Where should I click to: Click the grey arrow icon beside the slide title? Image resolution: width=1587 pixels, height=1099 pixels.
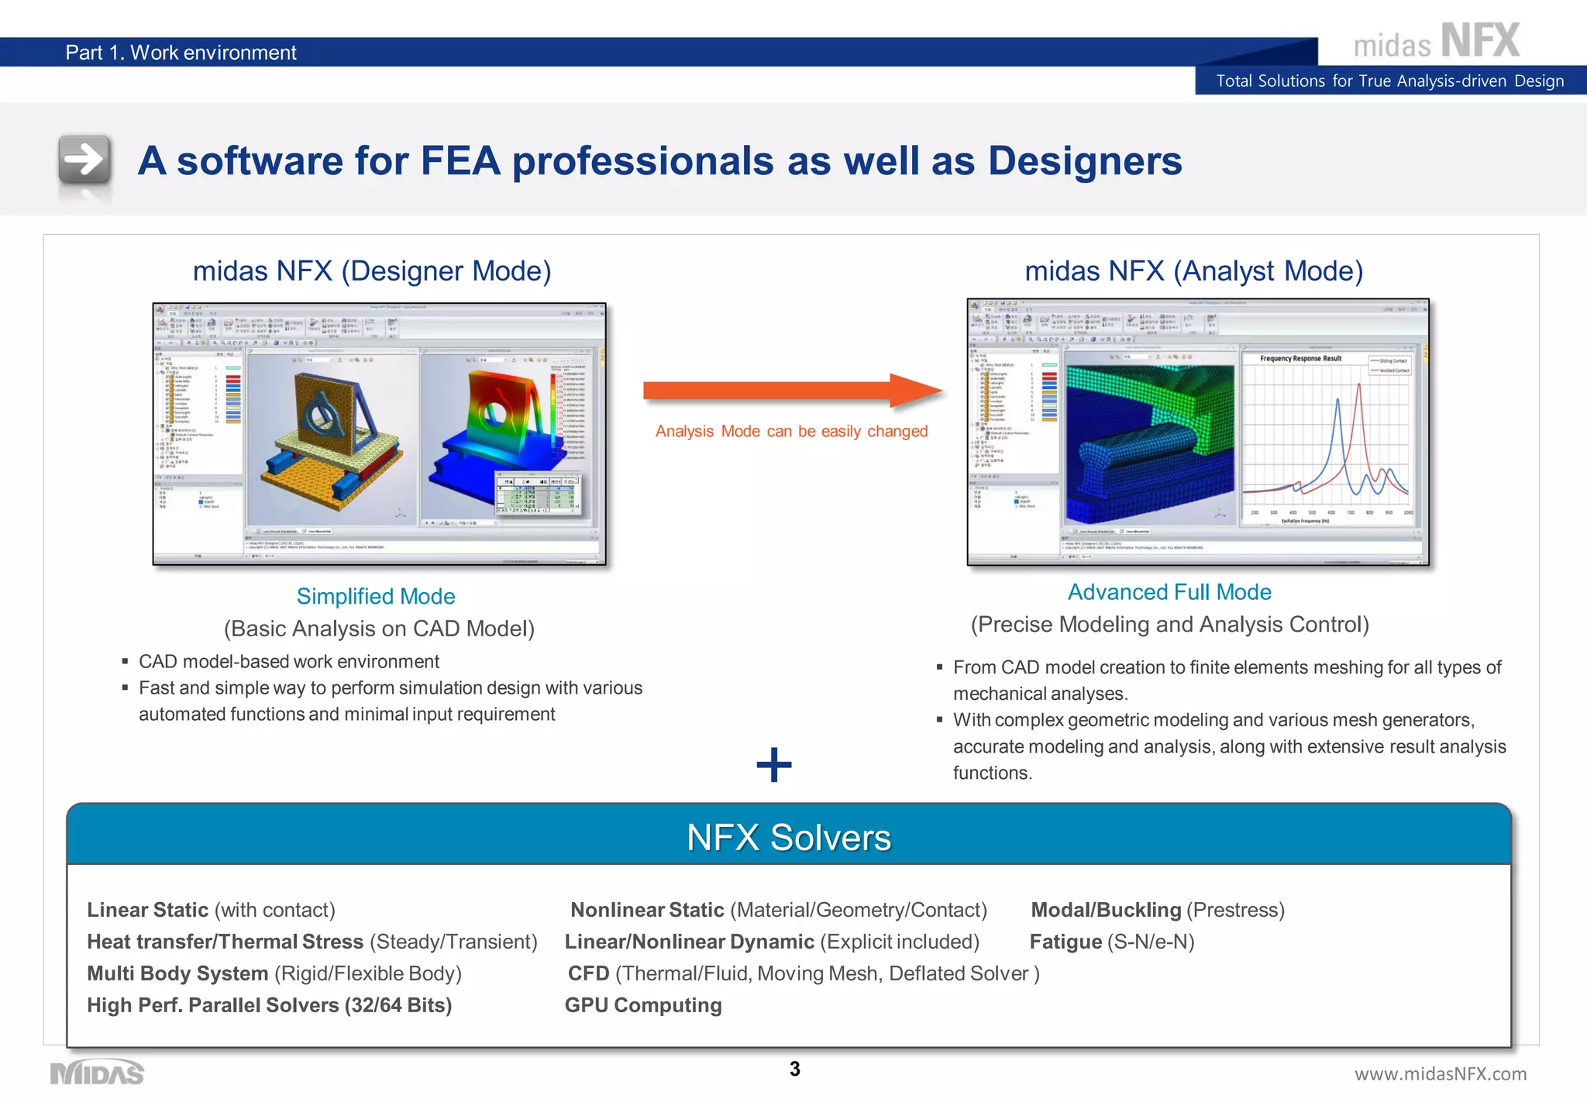pos(84,160)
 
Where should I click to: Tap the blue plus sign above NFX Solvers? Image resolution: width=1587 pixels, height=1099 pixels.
pos(773,765)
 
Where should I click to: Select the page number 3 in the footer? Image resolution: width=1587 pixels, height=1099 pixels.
pos(794,1069)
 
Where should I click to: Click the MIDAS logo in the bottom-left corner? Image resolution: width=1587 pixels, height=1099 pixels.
pos(97,1073)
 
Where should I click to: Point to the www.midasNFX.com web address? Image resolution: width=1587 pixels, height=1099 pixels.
pos(1440,1073)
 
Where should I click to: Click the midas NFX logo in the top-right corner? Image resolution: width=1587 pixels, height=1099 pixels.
pos(1436,42)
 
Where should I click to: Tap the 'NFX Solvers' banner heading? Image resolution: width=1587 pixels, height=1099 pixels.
pos(789,837)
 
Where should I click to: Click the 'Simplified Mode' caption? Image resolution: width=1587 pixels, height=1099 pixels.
pos(376,596)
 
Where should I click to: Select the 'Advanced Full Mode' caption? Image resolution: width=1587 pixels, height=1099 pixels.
pos(1169,591)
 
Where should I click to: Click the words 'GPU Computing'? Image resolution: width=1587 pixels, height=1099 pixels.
pos(643,1005)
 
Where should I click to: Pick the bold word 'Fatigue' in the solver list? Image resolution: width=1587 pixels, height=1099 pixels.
pos(1065,942)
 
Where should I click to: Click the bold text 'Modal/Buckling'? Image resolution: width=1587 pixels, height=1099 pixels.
pos(1106,910)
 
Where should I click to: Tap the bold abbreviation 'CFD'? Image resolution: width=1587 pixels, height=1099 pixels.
pos(588,973)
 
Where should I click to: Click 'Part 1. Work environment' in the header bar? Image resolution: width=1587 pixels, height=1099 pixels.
pos(181,53)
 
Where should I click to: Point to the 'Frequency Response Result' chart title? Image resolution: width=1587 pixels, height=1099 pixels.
pos(1300,359)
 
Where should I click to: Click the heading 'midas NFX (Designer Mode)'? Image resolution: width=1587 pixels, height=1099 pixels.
pos(372,271)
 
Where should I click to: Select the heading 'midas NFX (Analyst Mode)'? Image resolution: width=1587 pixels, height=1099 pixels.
pos(1193,271)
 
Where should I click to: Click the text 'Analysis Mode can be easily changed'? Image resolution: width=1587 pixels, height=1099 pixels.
pos(791,431)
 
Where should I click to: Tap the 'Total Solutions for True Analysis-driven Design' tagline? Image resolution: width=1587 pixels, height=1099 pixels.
pos(1389,81)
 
